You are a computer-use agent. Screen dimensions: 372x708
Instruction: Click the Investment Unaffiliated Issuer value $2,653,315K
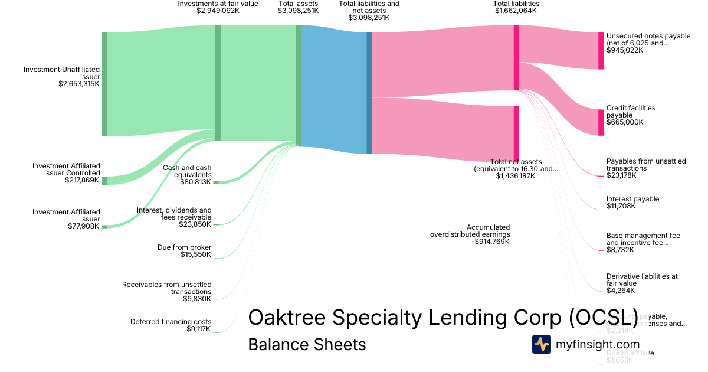pos(78,84)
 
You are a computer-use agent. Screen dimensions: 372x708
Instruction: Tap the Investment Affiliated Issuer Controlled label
pos(66,169)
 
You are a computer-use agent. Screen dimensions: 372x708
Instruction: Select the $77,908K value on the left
pos(83,226)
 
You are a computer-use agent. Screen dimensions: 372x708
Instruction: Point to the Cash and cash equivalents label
pos(187,171)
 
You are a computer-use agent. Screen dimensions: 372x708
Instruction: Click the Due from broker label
pos(184,247)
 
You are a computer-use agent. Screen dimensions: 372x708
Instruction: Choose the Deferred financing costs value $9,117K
pos(198,329)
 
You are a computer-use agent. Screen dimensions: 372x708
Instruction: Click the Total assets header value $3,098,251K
pos(298,11)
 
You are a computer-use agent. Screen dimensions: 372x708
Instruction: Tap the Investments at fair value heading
pos(218,4)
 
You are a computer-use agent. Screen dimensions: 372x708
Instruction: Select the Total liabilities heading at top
pos(516,4)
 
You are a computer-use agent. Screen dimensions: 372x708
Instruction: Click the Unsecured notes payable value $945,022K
pos(625,50)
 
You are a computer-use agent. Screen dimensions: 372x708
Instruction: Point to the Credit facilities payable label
pos(631,112)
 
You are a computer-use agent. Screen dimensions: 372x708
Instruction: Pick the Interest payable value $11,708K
pos(621,207)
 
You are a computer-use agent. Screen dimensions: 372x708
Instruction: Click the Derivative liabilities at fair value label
pos(642,279)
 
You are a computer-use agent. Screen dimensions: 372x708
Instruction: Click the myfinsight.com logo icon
pos(541,344)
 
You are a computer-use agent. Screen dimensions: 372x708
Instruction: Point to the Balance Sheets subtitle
pos(307,344)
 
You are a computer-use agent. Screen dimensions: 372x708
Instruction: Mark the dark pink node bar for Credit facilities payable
pos(601,122)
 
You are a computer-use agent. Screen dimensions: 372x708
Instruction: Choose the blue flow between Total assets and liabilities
pos(333,89)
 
